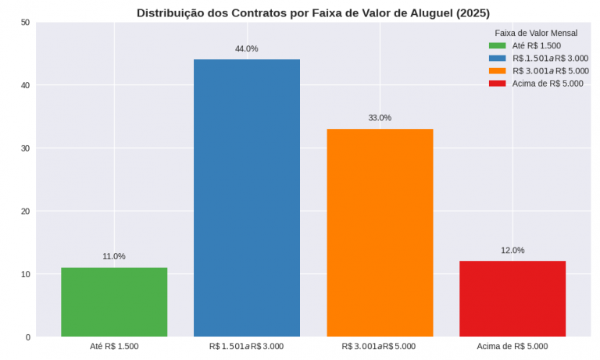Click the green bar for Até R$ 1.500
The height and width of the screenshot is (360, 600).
tap(114, 302)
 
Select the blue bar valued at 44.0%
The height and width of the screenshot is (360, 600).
tap(247, 198)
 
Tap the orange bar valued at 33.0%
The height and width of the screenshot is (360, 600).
tap(380, 233)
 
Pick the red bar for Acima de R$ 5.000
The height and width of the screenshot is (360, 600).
tap(512, 299)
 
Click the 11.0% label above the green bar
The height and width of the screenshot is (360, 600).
tap(114, 256)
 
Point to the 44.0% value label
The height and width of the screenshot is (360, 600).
tap(247, 48)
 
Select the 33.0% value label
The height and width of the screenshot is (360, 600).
tap(380, 118)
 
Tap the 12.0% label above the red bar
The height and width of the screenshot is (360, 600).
tap(512, 250)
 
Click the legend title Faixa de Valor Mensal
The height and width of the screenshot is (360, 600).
tap(536, 33)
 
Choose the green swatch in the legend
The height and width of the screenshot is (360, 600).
tap(498, 45)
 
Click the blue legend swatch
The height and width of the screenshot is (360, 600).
tap(498, 58)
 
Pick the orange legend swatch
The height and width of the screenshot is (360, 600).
tap(498, 70)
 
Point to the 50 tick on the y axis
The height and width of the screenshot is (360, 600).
tap(25, 22)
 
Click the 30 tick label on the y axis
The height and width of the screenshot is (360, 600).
tap(25, 148)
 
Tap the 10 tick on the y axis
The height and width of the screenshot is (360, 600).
tap(25, 274)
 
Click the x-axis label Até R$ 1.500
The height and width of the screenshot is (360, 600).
tap(114, 346)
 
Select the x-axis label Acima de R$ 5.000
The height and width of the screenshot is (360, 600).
tap(512, 346)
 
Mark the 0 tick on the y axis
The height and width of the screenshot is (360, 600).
tap(27, 337)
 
